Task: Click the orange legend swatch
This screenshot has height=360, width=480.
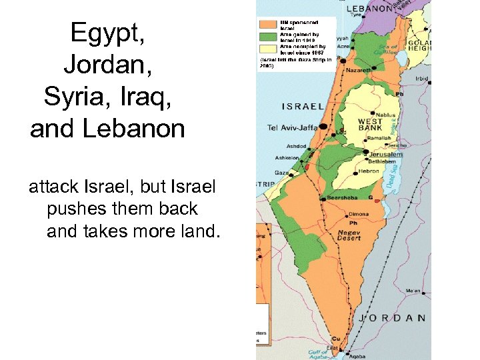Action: tap(269, 25)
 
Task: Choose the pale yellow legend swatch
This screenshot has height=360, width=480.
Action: tap(269, 48)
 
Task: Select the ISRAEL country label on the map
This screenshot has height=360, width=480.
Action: tap(303, 107)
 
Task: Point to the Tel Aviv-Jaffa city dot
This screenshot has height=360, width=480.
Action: tap(323, 126)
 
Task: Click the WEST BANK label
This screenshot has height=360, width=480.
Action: tap(369, 125)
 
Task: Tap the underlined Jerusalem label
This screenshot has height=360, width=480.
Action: tap(386, 154)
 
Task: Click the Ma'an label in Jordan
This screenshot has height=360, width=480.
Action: tap(413, 290)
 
